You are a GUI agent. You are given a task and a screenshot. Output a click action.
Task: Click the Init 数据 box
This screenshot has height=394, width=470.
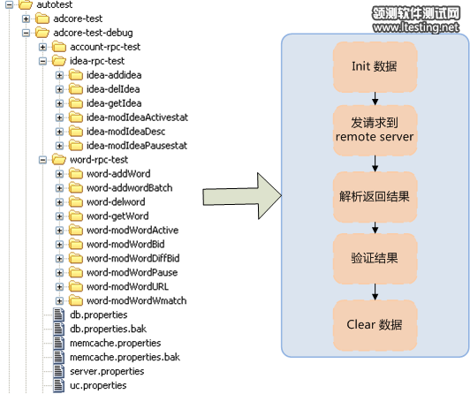[375, 66]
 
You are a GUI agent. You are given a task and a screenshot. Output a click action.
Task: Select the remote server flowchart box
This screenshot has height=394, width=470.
[375, 130]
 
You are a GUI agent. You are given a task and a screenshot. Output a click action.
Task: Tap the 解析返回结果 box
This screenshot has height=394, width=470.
[375, 196]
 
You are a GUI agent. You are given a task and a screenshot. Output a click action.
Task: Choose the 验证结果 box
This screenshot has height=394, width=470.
[375, 258]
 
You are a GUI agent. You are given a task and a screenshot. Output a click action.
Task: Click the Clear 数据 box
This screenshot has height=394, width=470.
[375, 325]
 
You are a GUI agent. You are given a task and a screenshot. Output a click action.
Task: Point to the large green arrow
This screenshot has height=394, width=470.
[242, 196]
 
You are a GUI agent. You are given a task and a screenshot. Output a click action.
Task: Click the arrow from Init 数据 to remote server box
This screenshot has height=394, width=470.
[375, 99]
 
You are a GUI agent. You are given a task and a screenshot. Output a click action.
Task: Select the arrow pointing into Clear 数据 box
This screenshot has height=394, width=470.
[375, 292]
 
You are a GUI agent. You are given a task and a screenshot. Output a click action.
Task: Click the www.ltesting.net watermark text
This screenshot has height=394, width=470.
[416, 27]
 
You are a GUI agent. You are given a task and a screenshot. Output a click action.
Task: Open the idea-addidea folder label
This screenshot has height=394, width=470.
[114, 75]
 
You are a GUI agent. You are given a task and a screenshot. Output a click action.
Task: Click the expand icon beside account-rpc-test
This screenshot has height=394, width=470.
[43, 47]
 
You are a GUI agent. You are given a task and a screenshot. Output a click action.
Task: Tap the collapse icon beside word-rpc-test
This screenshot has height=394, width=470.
[43, 160]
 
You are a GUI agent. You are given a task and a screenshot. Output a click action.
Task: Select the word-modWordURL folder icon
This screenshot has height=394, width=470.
[76, 286]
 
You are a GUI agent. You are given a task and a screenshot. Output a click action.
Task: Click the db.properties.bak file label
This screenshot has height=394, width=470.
[108, 329]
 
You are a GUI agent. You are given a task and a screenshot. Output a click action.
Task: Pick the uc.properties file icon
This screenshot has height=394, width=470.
[58, 385]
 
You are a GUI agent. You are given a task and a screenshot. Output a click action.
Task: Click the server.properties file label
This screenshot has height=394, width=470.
[107, 372]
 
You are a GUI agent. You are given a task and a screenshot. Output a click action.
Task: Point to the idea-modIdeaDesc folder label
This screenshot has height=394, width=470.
[125, 132]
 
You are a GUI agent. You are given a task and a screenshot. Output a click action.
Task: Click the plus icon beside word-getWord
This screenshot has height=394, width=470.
[60, 216]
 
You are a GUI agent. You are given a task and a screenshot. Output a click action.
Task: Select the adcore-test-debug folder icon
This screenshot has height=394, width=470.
[42, 33]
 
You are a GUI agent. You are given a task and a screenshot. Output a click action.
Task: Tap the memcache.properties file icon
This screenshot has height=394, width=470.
[58, 343]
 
